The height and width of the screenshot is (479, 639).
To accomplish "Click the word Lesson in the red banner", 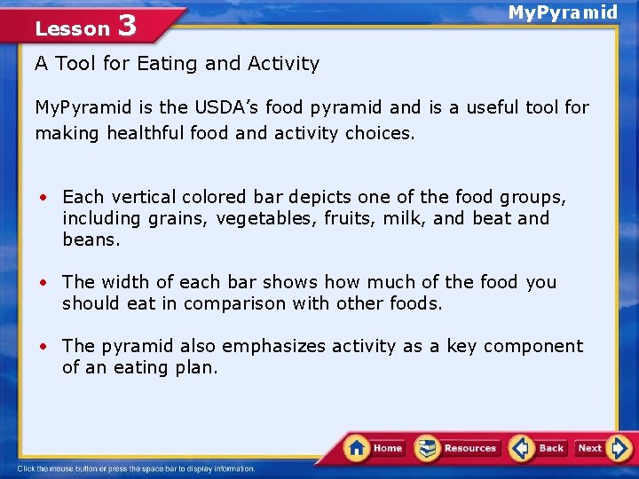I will [72, 28].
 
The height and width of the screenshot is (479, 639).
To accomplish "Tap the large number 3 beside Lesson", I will [127, 26].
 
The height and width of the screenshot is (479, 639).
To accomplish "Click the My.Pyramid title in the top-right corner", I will [562, 12].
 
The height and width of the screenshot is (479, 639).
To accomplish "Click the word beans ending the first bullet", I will [91, 239].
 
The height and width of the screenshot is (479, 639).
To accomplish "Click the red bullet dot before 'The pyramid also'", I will [42, 347].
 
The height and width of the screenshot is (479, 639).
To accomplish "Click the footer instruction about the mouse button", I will [136, 468].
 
